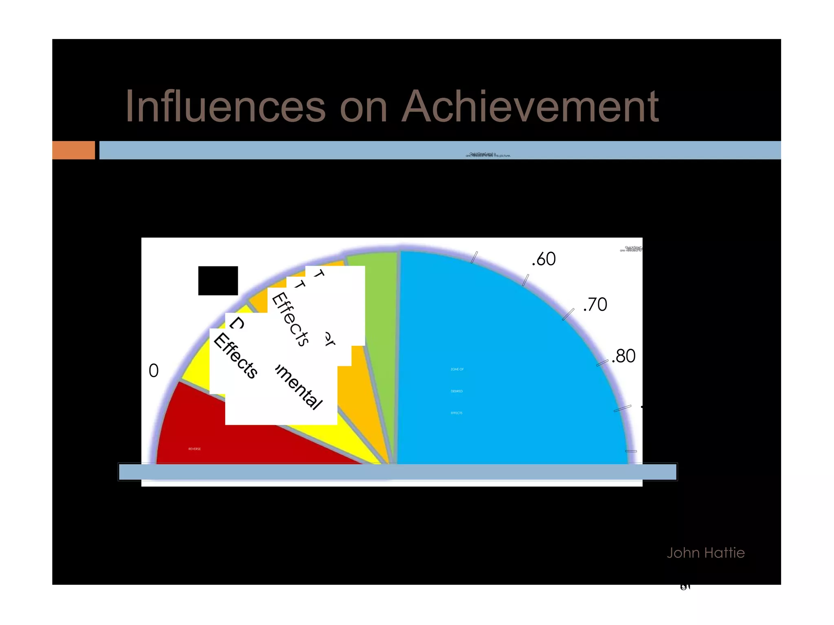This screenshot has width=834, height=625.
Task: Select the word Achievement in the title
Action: pos(530,106)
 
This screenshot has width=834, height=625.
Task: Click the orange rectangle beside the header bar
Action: pos(73,150)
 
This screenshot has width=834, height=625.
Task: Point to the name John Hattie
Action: pos(705,553)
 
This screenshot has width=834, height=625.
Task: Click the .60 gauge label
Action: pos(544,259)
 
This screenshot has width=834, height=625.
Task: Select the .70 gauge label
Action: pos(595,305)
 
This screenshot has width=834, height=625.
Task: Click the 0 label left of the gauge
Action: pos(154,371)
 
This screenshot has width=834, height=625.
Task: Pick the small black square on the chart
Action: pos(218,281)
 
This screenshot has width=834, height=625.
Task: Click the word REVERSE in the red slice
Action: pos(194,449)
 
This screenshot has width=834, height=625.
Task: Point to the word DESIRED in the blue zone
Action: pos(457,391)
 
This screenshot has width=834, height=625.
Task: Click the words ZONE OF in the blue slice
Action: pos(457,369)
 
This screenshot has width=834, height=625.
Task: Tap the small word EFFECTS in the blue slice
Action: pos(457,413)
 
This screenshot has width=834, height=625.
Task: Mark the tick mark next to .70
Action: pos(568,314)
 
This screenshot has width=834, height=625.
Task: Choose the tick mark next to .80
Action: pos(602,363)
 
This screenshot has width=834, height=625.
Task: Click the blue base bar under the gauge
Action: pos(397,472)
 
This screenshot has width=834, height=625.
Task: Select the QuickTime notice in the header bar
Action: pos(488,155)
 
